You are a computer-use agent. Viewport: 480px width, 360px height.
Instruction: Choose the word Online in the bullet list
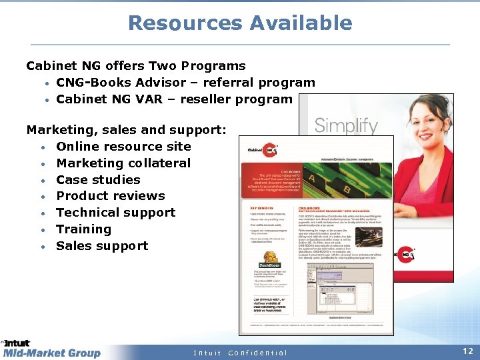[x=79, y=147]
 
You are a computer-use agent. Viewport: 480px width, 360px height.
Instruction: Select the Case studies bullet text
[x=98, y=179]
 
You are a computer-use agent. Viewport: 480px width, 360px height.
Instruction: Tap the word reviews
[x=138, y=196]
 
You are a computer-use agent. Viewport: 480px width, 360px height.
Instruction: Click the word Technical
[x=87, y=213]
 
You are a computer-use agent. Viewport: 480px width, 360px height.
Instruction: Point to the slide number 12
[x=467, y=350]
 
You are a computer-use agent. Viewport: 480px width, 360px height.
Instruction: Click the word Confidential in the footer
[x=257, y=353]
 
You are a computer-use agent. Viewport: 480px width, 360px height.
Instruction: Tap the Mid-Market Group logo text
[x=52, y=353]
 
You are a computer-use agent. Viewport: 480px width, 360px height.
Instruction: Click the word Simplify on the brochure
[x=346, y=125]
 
